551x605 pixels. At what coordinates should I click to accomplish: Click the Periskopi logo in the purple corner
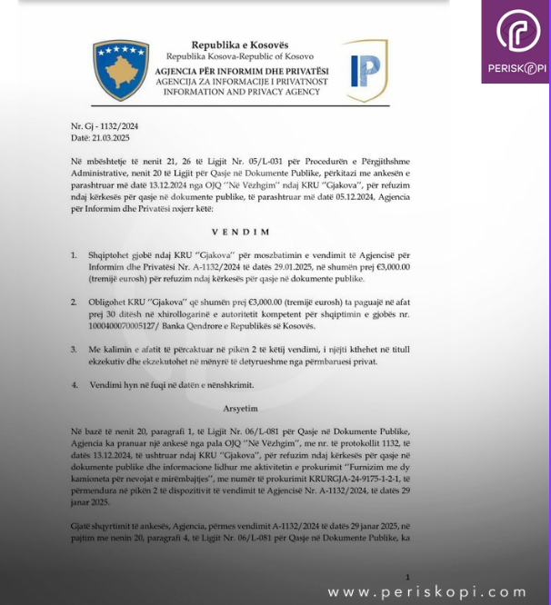[x=516, y=42]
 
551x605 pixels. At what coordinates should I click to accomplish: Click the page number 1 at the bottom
[x=408, y=577]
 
